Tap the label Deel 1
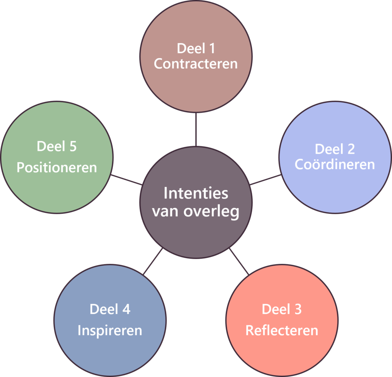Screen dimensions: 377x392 (196, 49)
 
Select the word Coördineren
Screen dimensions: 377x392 (335, 164)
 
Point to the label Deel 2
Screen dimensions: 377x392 (335, 149)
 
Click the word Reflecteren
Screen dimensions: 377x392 (282, 330)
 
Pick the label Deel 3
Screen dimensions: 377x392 (282, 309)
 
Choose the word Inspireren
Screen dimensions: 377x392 (110, 330)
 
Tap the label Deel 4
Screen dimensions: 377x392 (110, 309)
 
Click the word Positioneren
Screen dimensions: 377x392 (57, 168)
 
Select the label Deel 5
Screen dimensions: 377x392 (57, 147)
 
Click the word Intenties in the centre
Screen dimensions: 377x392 (196, 193)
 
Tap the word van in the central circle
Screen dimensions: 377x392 (167, 212)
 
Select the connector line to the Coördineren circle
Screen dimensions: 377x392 (265, 180)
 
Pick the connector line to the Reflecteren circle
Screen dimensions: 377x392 (239, 261)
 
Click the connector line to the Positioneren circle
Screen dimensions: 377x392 (126, 180)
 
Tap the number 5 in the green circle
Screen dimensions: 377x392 (73, 147)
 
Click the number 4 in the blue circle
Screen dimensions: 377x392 (126, 309)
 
